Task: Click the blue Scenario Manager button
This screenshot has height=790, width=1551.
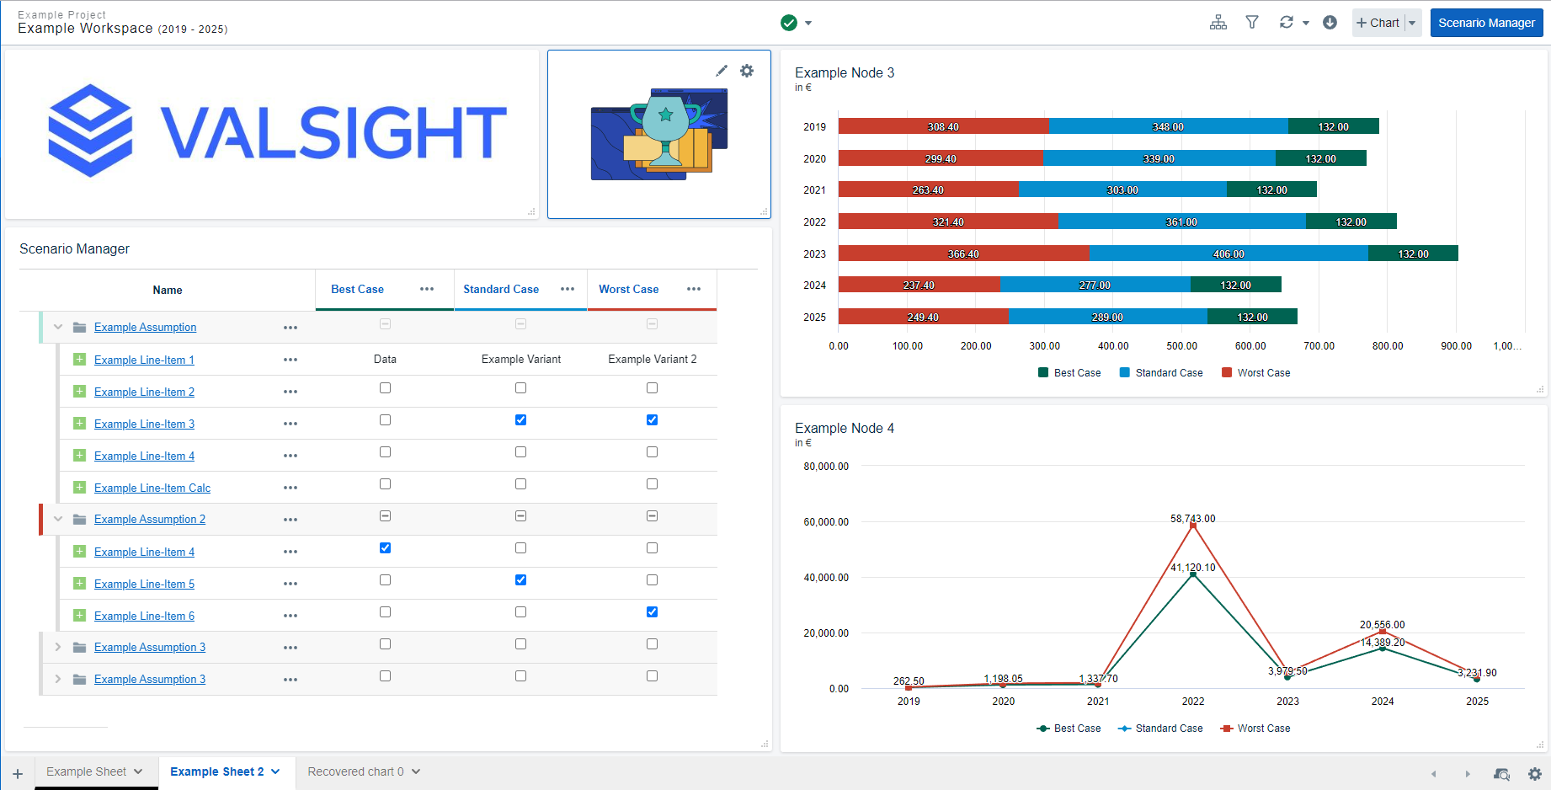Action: tap(1486, 23)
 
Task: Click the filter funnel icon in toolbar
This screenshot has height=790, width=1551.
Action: tap(1252, 23)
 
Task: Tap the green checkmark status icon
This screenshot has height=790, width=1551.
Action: tap(789, 23)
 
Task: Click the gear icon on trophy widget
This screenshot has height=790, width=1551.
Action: tap(747, 71)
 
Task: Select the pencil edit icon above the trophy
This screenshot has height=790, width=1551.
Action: tap(722, 71)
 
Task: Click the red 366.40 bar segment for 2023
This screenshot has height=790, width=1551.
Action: tap(963, 254)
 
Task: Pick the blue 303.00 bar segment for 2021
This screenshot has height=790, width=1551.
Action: tap(1122, 189)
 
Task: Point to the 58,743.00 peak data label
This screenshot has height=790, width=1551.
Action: tap(1192, 519)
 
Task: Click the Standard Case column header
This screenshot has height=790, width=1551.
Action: tap(501, 289)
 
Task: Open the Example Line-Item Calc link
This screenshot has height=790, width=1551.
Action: tap(152, 488)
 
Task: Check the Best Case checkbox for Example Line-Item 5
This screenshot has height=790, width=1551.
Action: tap(385, 580)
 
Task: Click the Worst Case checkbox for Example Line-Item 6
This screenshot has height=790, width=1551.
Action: tap(652, 612)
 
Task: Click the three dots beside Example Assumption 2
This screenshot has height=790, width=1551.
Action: tap(290, 520)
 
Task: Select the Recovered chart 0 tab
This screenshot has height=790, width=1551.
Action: tap(355, 771)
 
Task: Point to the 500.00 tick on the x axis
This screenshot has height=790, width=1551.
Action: tap(1181, 346)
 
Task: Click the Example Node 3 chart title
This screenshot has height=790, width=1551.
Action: tap(845, 73)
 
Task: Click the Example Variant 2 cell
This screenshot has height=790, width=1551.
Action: tap(652, 360)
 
